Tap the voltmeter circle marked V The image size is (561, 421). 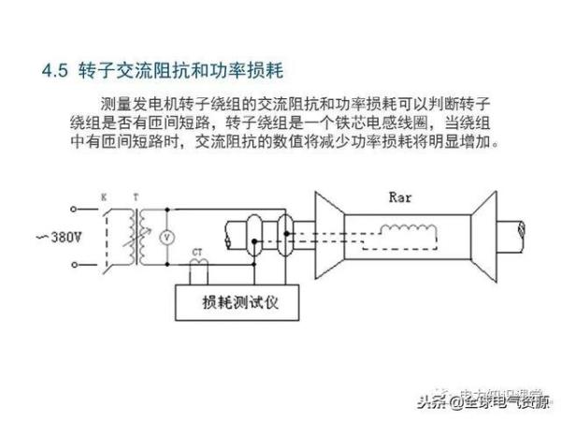[167, 237]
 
